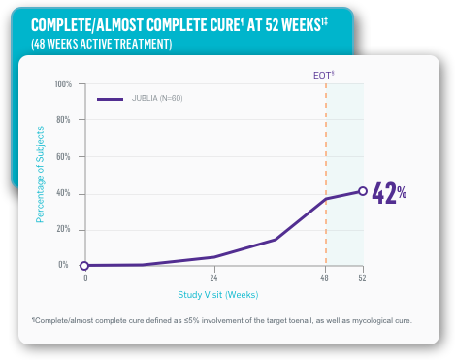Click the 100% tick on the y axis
63,84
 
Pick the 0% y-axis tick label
64,264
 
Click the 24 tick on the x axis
214,278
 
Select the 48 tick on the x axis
326,278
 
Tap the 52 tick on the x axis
362,278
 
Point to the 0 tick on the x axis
85,278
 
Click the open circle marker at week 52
362,191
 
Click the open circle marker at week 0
85,265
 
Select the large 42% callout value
389,192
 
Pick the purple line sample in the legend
110,99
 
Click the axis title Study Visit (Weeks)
218,294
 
